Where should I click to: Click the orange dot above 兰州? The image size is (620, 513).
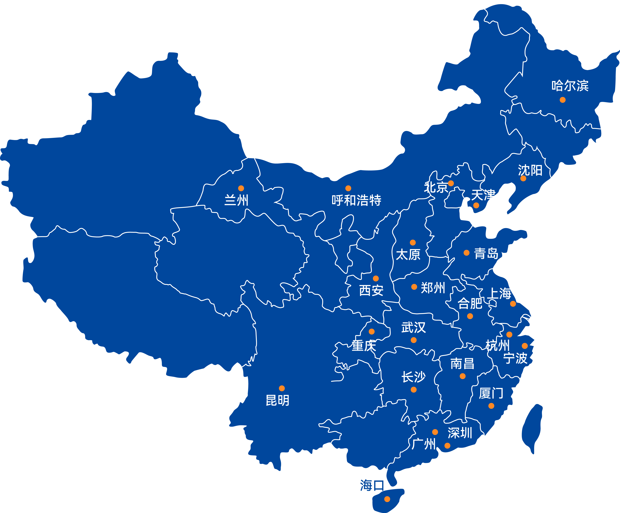(x=241, y=188)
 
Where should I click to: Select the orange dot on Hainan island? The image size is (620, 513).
(x=387, y=499)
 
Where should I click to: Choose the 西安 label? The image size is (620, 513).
(x=371, y=290)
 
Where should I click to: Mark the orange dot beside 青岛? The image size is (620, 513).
(x=466, y=253)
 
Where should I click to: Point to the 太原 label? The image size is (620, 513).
(x=408, y=254)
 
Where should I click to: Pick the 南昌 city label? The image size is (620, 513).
(x=462, y=364)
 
